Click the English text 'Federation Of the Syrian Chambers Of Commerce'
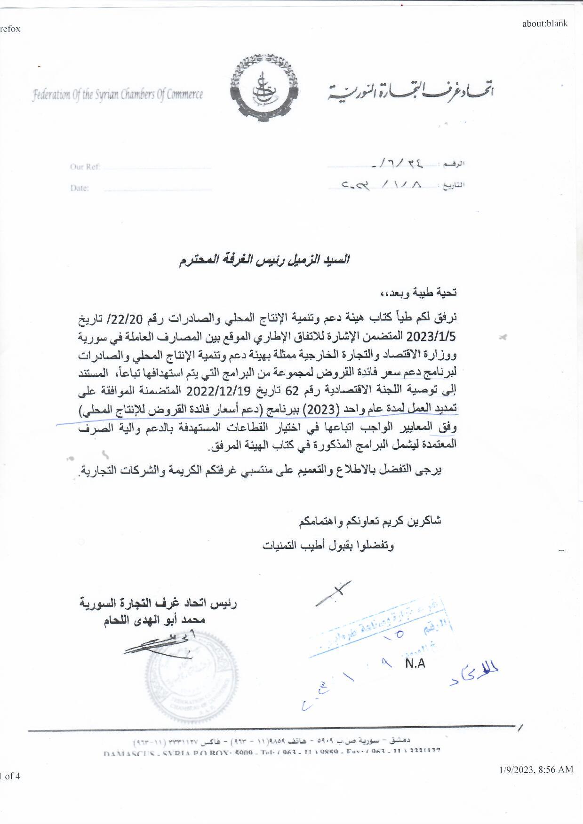point(118,95)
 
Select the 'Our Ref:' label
point(85,166)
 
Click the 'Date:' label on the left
point(80,188)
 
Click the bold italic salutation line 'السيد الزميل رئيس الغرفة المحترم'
point(264,260)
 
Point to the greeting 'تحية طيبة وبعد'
point(419,293)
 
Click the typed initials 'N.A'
point(415,663)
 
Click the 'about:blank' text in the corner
point(544,24)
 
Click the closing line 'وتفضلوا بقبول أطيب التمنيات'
point(328,545)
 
